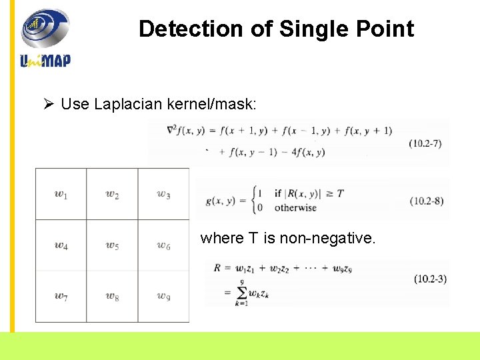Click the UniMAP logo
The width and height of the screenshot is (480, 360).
click(x=45, y=38)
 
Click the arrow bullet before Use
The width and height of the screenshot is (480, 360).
click(x=48, y=105)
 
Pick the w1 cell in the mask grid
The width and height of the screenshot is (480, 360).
click(x=61, y=194)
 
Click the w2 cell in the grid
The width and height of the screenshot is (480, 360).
click(x=112, y=194)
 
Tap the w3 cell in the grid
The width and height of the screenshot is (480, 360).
click(x=163, y=194)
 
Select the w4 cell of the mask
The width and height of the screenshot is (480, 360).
click(x=61, y=245)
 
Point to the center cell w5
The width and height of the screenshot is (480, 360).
click(x=112, y=245)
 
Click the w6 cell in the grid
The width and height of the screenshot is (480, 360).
click(x=163, y=245)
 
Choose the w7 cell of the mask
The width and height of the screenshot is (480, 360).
click(x=61, y=297)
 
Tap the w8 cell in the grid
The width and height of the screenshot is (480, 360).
click(x=112, y=297)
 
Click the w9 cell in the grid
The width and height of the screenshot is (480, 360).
click(x=163, y=297)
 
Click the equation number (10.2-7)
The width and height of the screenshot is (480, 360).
click(x=427, y=143)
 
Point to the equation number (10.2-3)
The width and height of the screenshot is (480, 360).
click(x=430, y=279)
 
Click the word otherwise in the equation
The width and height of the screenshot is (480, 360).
click(x=295, y=207)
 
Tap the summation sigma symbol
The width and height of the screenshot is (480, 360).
click(x=241, y=293)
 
